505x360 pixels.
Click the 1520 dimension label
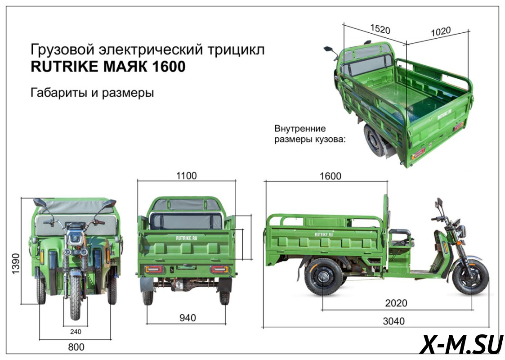pyautogui.click(x=380, y=29)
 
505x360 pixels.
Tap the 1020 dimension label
pyautogui.click(x=441, y=31)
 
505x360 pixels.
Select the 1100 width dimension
pyautogui.click(x=186, y=175)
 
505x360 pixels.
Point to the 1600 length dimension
pyautogui.click(x=331, y=176)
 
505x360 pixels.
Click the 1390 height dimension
pyautogui.click(x=16, y=264)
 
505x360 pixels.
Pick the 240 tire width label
pyautogui.click(x=76, y=332)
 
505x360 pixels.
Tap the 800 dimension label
pyautogui.click(x=76, y=347)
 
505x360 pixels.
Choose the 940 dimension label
pyautogui.click(x=187, y=318)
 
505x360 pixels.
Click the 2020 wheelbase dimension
pyautogui.click(x=396, y=303)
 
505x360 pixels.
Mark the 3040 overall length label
pyautogui.click(x=393, y=321)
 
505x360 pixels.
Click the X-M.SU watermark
pyautogui.click(x=461, y=345)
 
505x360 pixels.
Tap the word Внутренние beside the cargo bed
pyautogui.click(x=300, y=129)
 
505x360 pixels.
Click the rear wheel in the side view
pyautogui.click(x=323, y=277)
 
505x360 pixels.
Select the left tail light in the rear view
pyautogui.click(x=154, y=270)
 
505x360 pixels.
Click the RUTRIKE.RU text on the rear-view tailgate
pyautogui.click(x=187, y=238)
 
